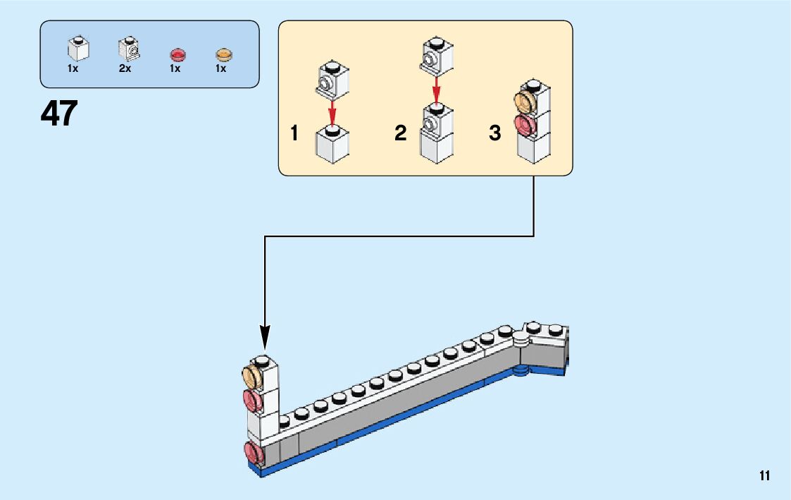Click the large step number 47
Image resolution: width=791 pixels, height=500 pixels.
pos(59,114)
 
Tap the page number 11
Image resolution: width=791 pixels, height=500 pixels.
pos(765,476)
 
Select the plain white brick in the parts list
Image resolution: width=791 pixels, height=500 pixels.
pos(78,48)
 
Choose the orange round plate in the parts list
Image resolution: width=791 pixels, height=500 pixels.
pos(223,54)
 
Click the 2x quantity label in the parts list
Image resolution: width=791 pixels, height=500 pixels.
pos(125,69)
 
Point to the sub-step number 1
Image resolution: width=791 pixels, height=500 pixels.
pos(294,133)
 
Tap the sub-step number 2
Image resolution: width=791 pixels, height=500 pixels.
pos(401,133)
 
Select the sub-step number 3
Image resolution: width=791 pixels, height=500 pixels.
pos(495,133)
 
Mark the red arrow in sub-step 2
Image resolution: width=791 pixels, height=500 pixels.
pos(437,89)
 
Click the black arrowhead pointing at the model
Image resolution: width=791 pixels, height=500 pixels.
pos(265,336)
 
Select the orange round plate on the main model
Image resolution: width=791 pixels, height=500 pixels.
pos(252,377)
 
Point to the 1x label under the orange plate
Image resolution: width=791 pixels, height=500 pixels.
pos(220,69)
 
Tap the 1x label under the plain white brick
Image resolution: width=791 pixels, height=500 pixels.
pos(73,69)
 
